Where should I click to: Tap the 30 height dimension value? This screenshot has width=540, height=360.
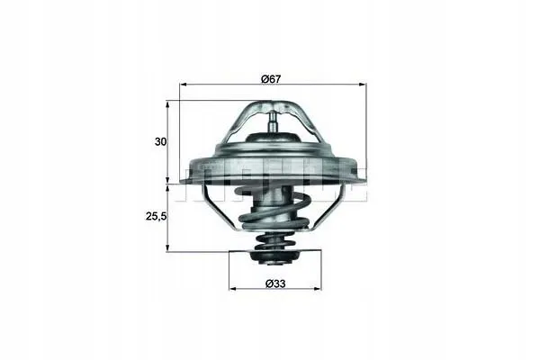coord(158,141)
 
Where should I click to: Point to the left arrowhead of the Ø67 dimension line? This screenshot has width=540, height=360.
coord(184,85)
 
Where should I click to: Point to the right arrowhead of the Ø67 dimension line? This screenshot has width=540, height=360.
coord(364,85)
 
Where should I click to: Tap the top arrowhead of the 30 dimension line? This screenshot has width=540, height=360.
coord(167,102)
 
